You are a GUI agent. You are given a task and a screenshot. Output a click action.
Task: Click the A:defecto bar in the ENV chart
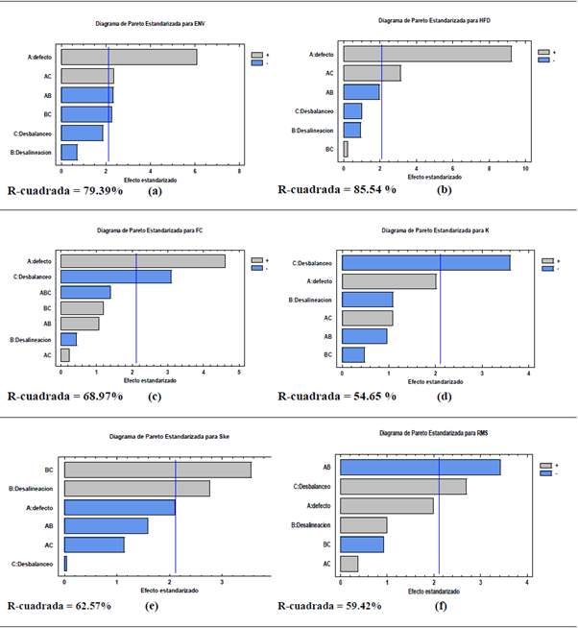[x=129, y=57]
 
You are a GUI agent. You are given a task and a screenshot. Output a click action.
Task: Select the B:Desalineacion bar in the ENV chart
[x=69, y=152]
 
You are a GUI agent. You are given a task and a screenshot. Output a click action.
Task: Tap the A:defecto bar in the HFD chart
[x=426, y=55]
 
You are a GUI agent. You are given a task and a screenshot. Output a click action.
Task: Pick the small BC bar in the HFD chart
[x=346, y=149]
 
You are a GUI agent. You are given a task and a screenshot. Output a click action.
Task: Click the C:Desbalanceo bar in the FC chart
[x=115, y=277]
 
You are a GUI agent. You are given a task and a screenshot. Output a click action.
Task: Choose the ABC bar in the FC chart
[x=85, y=292]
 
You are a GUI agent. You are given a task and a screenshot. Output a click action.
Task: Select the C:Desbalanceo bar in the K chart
[x=425, y=262]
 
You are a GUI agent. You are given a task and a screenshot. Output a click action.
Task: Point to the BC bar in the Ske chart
[x=157, y=470]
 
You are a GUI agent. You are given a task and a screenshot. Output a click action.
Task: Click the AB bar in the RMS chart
[x=420, y=467]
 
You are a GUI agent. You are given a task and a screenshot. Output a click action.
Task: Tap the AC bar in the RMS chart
[x=349, y=563]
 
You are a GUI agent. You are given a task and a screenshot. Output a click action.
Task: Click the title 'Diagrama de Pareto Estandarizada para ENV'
[x=145, y=22]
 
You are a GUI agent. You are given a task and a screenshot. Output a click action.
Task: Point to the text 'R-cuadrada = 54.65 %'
[x=336, y=396]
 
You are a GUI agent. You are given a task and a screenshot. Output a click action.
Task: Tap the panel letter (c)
[x=153, y=397]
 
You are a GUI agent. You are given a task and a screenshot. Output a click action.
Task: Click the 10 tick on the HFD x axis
[x=524, y=167]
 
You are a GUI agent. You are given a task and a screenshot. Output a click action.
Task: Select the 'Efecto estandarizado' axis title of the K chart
[x=434, y=381]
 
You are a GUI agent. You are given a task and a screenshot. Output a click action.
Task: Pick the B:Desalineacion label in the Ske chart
[x=34, y=489]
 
